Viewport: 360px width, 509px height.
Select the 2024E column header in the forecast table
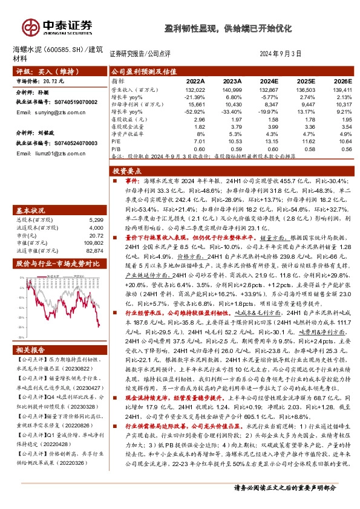(269, 80)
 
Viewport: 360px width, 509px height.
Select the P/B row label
(116, 149)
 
